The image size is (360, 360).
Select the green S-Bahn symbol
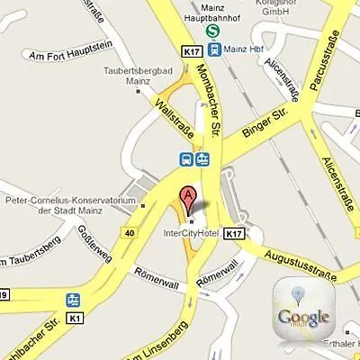click(x=213, y=30)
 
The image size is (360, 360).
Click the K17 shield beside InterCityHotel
click(x=235, y=233)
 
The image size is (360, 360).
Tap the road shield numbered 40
click(x=131, y=233)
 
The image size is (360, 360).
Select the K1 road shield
click(x=75, y=319)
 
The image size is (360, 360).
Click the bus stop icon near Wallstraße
click(x=185, y=160)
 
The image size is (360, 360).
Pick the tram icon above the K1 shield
click(x=71, y=299)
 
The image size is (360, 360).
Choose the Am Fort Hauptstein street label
click(x=68, y=56)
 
